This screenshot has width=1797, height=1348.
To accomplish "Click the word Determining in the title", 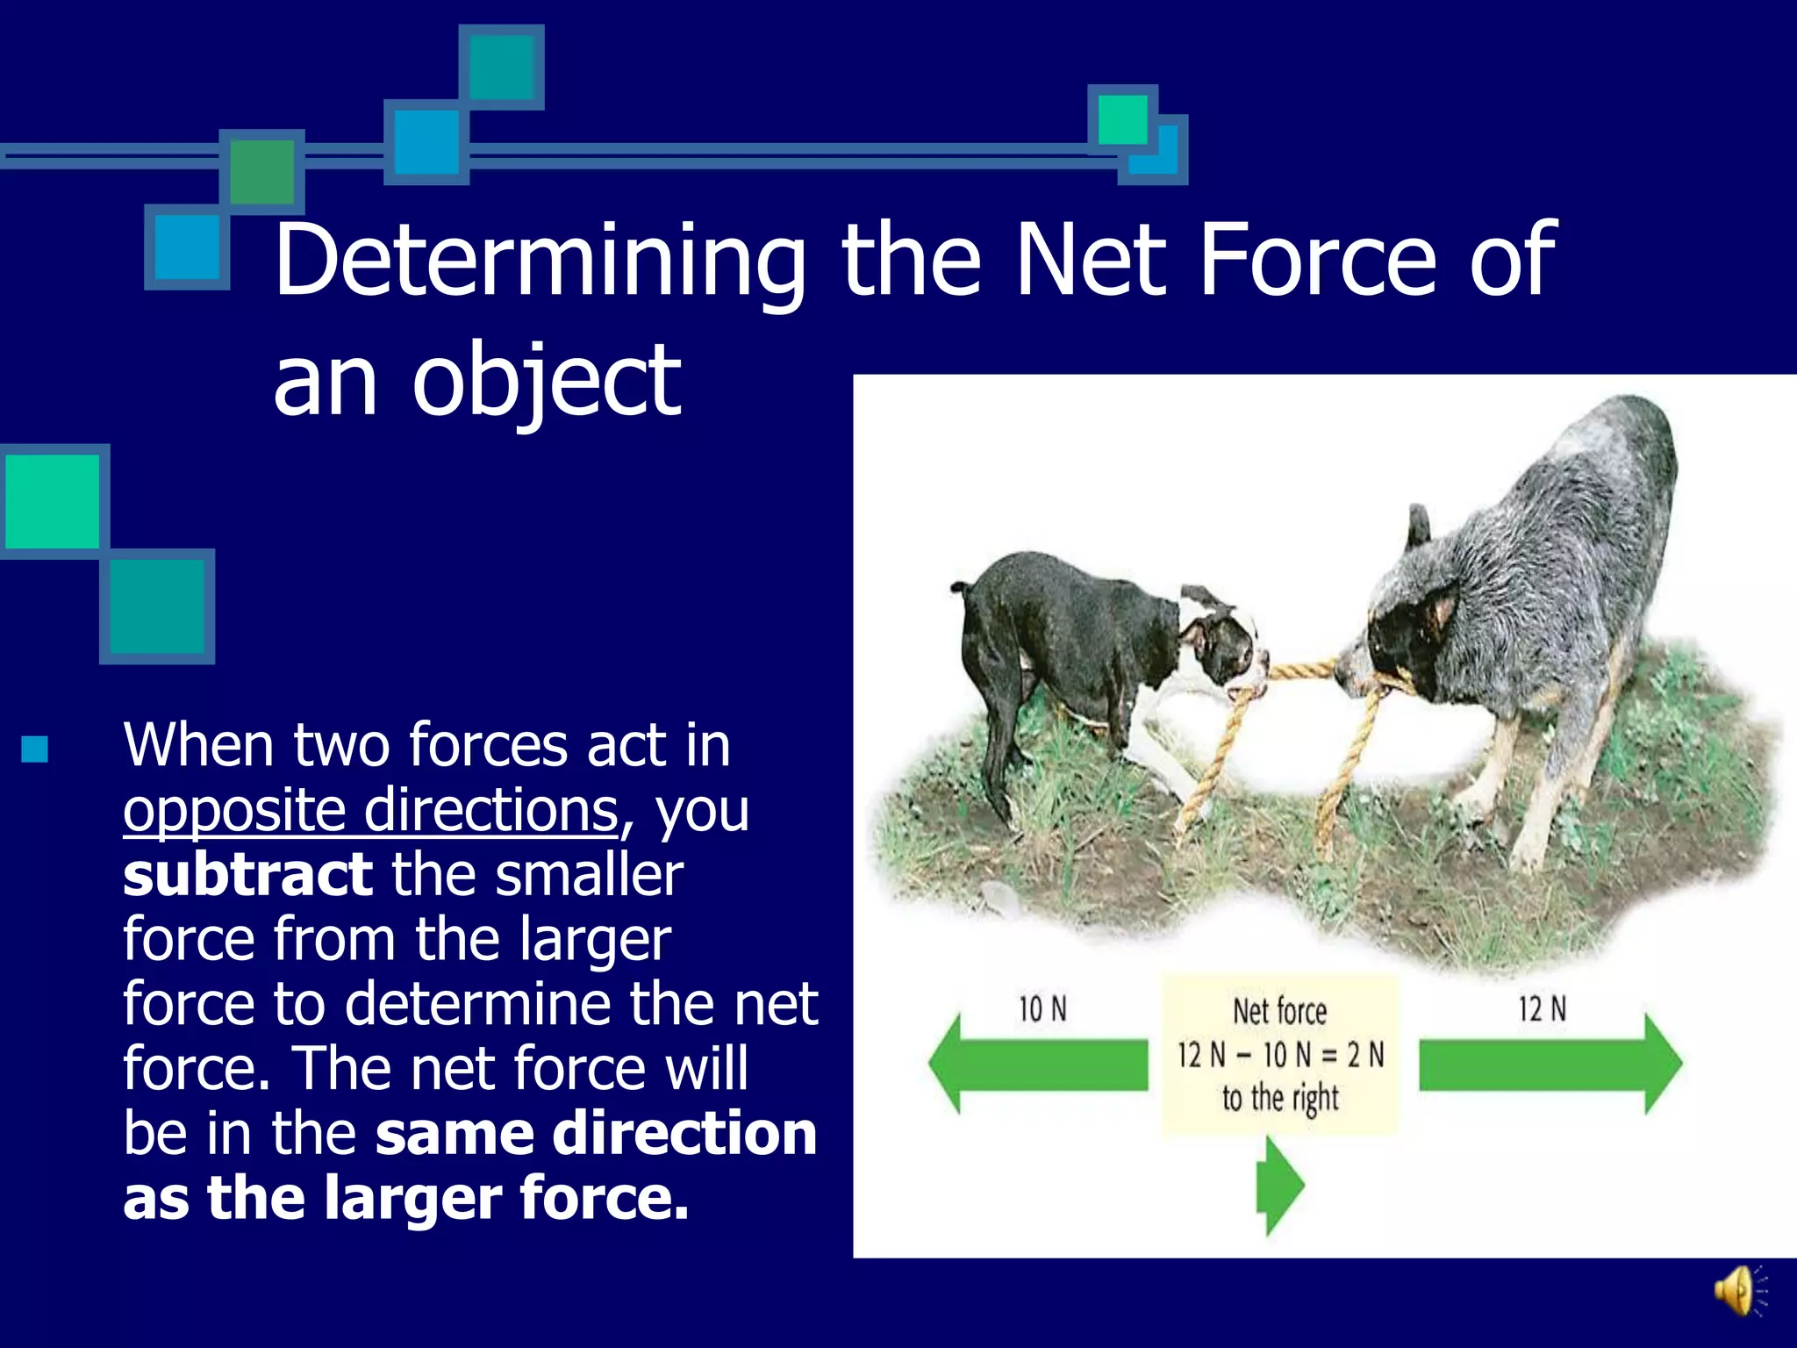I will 539,262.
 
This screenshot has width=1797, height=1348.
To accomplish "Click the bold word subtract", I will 247,875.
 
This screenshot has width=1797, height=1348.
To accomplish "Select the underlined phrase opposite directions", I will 370,809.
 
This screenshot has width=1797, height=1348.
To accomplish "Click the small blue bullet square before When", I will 34,749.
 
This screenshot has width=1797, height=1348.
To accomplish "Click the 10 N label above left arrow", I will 1042,1009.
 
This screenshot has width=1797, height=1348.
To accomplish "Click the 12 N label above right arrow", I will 1542,1009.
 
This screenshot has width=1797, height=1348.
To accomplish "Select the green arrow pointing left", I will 1035,1065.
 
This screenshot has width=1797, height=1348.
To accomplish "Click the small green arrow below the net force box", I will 1279,1186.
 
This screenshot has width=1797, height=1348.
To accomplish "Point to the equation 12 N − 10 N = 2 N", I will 1279,1055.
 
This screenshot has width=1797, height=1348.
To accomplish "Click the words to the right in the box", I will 1280,1098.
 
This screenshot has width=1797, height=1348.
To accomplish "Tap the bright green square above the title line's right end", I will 1122,118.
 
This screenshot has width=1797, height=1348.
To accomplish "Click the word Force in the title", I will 1316,262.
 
